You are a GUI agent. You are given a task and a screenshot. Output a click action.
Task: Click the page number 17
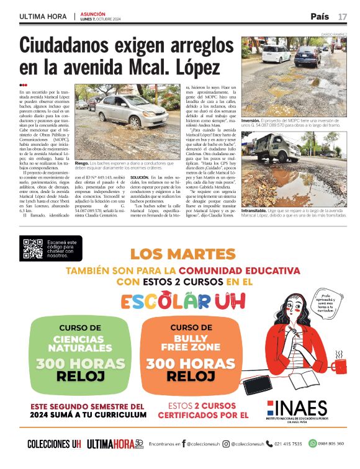tap(343, 16)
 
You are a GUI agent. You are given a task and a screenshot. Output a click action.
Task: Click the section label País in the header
tap(320, 16)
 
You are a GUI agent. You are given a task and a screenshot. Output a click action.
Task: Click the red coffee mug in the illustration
tap(340, 364)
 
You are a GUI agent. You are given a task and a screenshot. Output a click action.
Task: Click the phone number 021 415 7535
tap(287, 444)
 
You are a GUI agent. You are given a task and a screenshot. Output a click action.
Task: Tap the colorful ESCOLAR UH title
tap(182, 302)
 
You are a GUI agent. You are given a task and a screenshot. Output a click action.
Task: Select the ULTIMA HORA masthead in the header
tap(40, 16)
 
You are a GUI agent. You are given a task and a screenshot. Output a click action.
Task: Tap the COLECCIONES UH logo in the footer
tap(54, 444)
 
